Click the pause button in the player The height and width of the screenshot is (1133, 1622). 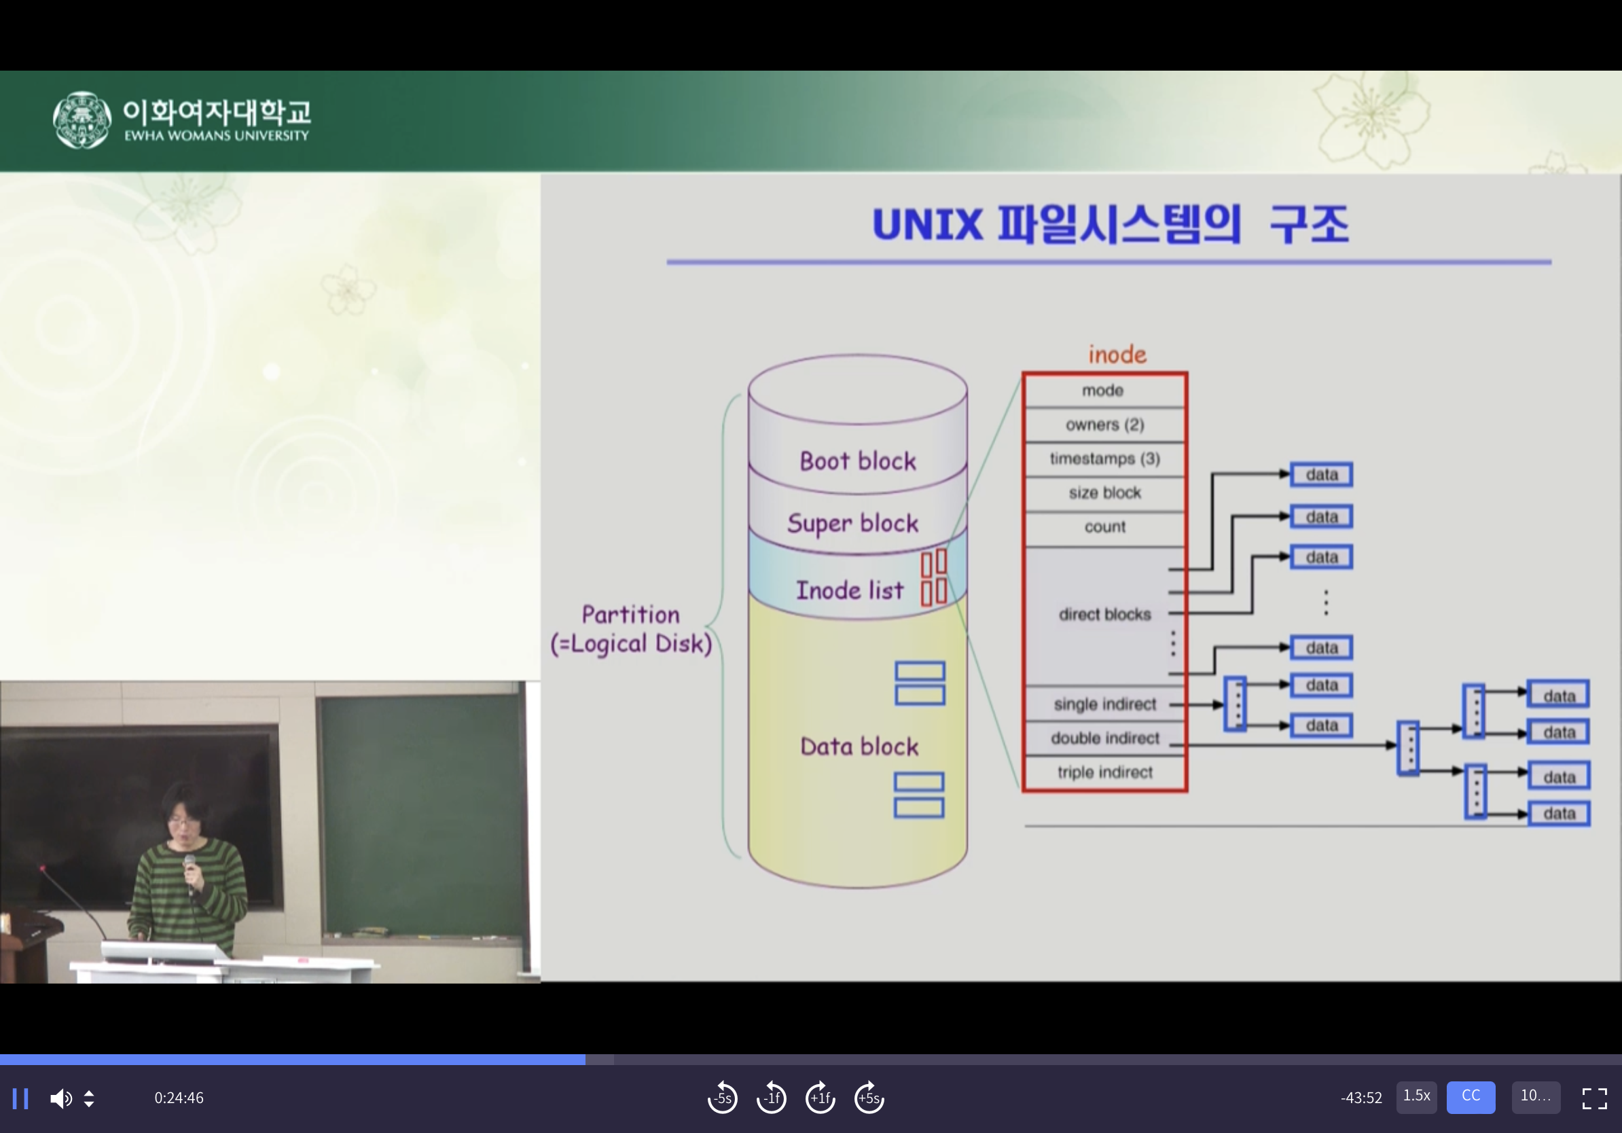point(20,1098)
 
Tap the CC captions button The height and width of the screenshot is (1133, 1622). point(1470,1096)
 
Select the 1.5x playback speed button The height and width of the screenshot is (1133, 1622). point(1416,1096)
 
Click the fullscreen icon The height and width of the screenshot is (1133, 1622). point(1593,1098)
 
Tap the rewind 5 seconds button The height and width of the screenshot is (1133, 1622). point(722,1098)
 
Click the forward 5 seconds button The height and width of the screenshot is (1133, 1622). point(869,1098)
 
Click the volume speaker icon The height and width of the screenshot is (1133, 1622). point(60,1098)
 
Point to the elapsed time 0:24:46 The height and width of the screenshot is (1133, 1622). point(179,1098)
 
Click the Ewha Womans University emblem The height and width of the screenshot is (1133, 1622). point(82,120)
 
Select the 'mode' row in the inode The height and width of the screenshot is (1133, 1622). point(1103,391)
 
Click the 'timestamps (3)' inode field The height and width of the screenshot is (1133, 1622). point(1104,459)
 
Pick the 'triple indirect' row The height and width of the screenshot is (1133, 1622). point(1104,773)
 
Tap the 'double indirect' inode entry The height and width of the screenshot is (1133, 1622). point(1104,739)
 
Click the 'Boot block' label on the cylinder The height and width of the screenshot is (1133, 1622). point(858,461)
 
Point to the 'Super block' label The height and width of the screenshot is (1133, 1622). point(852,524)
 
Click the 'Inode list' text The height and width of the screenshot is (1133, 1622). point(849,590)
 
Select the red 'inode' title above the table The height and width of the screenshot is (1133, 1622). point(1117,355)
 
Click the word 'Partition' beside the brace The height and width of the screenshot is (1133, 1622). point(630,615)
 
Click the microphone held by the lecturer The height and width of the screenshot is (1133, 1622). point(190,863)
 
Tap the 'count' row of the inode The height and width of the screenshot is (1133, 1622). point(1104,527)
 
